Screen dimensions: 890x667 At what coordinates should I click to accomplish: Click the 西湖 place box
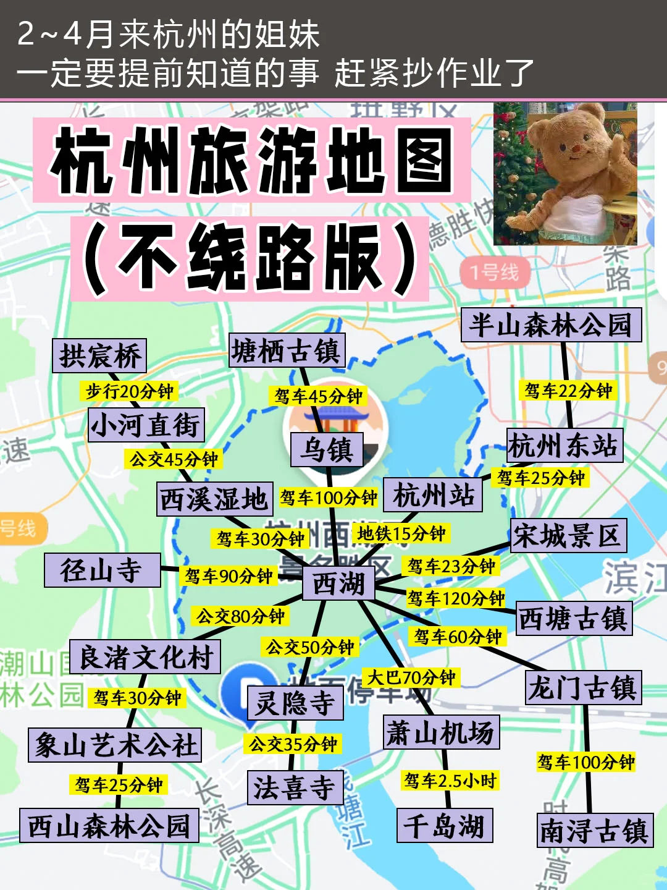[x=338, y=583]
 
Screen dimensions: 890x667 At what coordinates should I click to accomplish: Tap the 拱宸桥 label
[x=99, y=355]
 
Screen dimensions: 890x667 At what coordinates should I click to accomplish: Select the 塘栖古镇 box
[x=287, y=350]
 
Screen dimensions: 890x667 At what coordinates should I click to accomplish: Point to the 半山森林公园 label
[x=551, y=324]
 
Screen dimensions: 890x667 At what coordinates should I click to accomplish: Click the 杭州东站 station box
[x=564, y=445]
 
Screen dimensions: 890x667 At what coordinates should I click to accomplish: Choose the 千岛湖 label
[x=444, y=825]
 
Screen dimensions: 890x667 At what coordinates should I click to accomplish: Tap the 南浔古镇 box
[x=595, y=830]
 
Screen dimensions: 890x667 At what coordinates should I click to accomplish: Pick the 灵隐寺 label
[x=295, y=703]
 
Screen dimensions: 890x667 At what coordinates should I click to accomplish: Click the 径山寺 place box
[x=102, y=570]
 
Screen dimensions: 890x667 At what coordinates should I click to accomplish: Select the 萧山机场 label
[x=441, y=732]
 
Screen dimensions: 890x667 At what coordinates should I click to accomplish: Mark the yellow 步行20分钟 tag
[x=130, y=391]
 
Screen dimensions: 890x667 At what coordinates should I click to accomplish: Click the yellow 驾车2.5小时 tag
[x=450, y=781]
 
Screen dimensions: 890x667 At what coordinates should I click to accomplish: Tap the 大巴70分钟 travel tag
[x=411, y=677]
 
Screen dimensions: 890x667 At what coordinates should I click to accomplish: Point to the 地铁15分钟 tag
[x=401, y=533]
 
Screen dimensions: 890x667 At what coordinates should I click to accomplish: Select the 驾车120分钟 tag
[x=456, y=598]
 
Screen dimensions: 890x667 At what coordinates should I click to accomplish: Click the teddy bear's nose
[x=576, y=148]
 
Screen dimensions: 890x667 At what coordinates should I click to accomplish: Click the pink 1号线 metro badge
[x=494, y=272]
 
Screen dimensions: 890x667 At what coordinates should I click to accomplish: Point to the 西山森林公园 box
[x=109, y=825]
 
